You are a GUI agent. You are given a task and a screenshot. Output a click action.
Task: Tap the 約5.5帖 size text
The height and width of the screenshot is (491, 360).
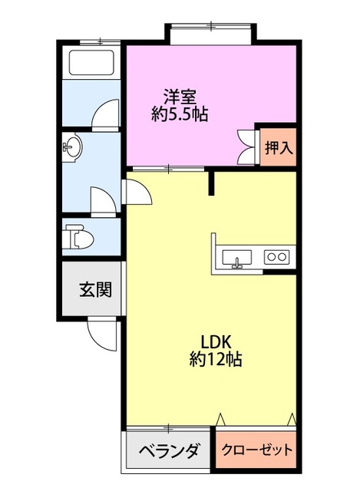point(180,115)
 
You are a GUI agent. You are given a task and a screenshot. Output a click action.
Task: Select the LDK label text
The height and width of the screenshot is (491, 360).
point(216,341)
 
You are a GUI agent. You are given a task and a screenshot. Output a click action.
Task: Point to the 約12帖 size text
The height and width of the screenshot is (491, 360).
point(216,358)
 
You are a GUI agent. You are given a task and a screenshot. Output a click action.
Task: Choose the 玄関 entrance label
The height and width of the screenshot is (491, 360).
point(95,289)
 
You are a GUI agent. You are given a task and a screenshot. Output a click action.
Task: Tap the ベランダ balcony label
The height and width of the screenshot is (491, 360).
point(169,450)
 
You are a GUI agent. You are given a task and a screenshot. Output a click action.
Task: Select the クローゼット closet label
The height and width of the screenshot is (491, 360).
point(257,450)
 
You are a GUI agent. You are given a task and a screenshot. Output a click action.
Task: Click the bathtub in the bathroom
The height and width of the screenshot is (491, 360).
point(91,61)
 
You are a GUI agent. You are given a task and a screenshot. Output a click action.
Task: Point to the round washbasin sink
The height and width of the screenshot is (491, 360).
point(73,147)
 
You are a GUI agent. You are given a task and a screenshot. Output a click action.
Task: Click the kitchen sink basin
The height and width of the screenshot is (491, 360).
point(238,258)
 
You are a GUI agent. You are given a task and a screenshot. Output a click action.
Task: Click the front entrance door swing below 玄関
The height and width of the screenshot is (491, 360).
point(101,331)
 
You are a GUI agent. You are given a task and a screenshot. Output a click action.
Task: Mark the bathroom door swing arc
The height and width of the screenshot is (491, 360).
point(106,114)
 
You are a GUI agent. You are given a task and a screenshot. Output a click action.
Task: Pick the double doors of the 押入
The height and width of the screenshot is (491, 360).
point(247,146)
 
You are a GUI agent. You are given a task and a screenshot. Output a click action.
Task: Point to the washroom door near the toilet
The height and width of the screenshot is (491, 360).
point(102,201)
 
